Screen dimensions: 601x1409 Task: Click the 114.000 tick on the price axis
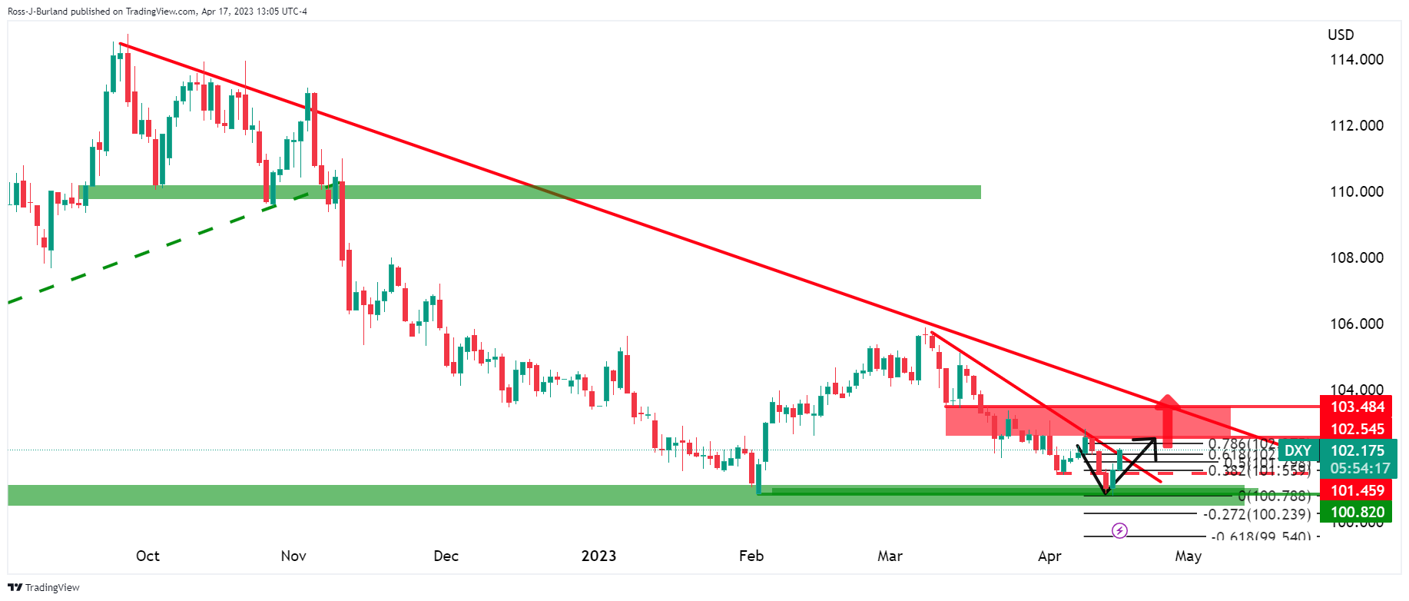coord(1357,60)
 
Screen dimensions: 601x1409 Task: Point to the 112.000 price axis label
coord(1357,126)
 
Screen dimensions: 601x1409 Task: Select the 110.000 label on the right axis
coord(1357,192)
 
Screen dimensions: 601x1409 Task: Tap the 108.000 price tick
coord(1357,258)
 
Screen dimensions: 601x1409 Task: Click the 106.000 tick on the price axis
coord(1357,324)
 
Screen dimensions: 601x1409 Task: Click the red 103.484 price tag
coord(1357,407)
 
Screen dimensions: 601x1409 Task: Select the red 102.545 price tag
coord(1357,430)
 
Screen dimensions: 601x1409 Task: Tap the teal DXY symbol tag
coord(1298,451)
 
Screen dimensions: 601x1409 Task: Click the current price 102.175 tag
coord(1357,451)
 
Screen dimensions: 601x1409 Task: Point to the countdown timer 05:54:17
coord(1357,469)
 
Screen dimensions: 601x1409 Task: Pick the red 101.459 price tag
coord(1357,491)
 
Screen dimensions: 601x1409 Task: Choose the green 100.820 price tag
coord(1357,513)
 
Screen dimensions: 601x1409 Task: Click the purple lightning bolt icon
coord(1120,531)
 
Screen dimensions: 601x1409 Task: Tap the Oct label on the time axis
coord(148,556)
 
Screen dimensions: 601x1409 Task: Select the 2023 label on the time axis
coord(598,556)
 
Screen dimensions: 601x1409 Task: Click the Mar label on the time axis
coord(890,556)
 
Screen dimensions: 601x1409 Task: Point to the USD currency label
coord(1341,35)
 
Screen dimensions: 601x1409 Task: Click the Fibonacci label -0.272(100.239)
coord(1257,515)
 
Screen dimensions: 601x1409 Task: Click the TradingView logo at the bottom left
coord(44,588)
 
